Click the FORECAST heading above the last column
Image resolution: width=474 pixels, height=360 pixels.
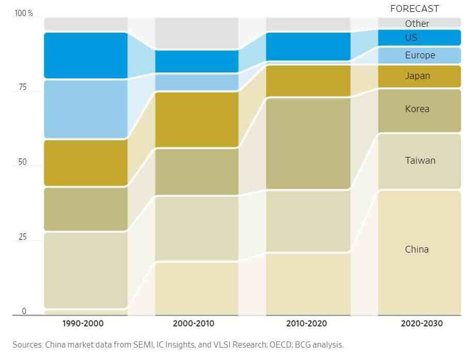coord(415,8)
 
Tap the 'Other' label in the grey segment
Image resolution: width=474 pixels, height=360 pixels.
coord(417,23)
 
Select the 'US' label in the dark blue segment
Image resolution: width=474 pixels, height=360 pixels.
coord(411,38)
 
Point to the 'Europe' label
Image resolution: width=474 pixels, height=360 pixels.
coord(420,55)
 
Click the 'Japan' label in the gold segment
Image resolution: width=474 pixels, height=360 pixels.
coord(417,76)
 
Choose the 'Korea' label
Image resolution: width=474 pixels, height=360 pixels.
coord(417,109)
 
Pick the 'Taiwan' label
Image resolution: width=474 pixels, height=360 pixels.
coord(420,160)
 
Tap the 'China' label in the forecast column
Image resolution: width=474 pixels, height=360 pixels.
coord(417,249)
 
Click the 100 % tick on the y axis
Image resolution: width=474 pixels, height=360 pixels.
coord(23,13)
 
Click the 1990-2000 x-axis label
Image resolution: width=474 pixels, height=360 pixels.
coord(83,324)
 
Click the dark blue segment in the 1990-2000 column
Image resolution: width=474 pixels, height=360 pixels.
coord(86,55)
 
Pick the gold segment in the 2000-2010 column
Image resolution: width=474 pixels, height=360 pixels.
coord(197,119)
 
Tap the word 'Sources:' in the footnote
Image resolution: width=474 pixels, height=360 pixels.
coord(27,345)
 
